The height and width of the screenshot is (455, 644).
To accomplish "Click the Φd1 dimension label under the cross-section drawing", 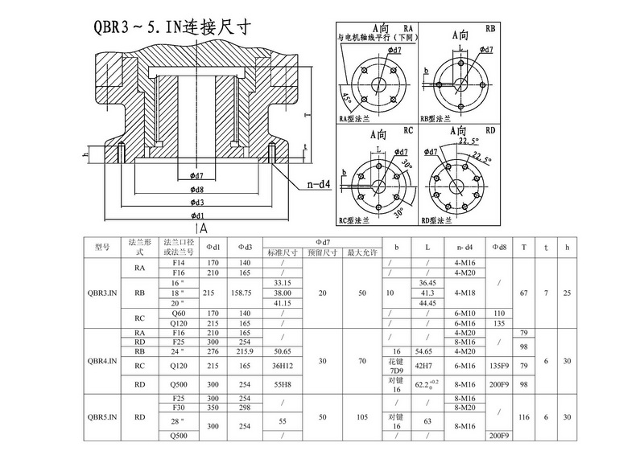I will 197,216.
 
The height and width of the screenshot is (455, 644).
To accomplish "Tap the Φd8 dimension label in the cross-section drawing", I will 197,189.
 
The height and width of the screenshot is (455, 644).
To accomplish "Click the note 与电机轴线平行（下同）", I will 376,37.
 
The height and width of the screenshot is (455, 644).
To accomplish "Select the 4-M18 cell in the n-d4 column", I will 464,293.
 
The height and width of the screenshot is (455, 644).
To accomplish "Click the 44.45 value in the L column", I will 427,305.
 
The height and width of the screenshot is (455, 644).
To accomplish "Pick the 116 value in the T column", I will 525,418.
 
